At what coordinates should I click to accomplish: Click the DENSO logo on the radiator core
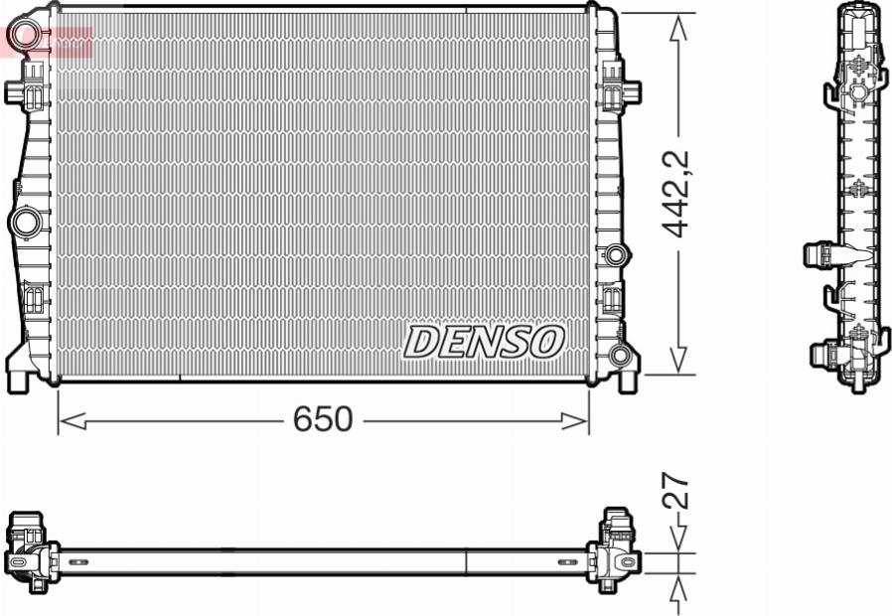pyautogui.click(x=484, y=342)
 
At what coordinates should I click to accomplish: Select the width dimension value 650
pyautogui.click(x=323, y=420)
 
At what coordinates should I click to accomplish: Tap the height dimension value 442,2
pyautogui.click(x=677, y=194)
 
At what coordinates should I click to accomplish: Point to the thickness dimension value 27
pyautogui.click(x=676, y=492)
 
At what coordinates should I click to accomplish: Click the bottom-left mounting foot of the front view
pyautogui.click(x=22, y=376)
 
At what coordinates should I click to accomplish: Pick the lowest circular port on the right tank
pyautogui.click(x=621, y=355)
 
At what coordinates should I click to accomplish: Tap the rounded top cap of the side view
pyautogui.click(x=858, y=14)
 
